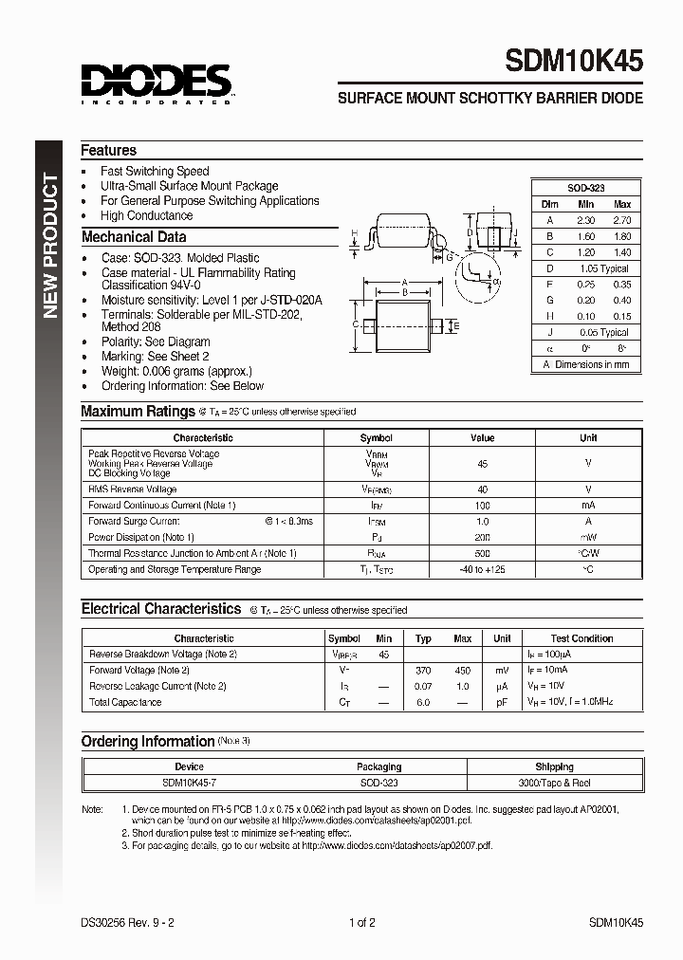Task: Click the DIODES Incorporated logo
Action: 156,83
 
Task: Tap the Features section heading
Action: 108,150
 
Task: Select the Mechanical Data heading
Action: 134,237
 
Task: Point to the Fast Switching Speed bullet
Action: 155,172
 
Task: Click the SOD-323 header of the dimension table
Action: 585,188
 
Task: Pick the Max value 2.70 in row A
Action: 622,220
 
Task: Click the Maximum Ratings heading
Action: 138,412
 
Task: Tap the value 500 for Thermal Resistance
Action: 482,553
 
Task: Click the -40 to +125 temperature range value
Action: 482,569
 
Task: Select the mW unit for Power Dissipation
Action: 588,537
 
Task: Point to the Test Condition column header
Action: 581,638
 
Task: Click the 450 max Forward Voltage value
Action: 462,670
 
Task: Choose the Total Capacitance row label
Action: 125,702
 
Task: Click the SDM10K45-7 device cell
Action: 190,783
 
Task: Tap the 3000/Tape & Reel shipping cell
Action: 554,783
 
